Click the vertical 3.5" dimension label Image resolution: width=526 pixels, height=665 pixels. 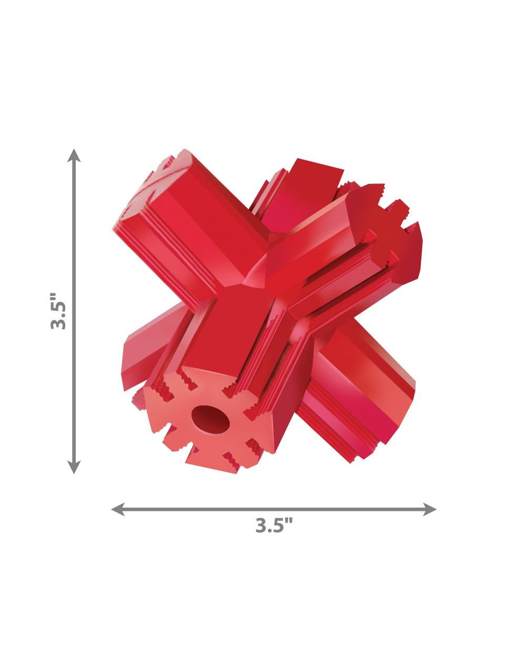(58, 311)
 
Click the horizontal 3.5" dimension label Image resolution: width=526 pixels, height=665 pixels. (274, 525)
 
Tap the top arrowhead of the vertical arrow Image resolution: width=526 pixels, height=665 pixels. (74, 155)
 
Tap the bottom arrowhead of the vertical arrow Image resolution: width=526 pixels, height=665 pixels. (74, 467)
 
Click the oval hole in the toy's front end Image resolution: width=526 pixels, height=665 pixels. (211, 420)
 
